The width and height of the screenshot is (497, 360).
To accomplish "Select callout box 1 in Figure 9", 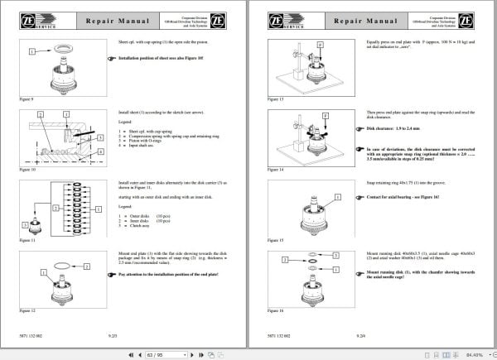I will [x=32, y=51].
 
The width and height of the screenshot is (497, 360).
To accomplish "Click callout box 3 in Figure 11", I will [x=32, y=209].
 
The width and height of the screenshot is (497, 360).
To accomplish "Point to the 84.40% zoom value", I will [x=475, y=353].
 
